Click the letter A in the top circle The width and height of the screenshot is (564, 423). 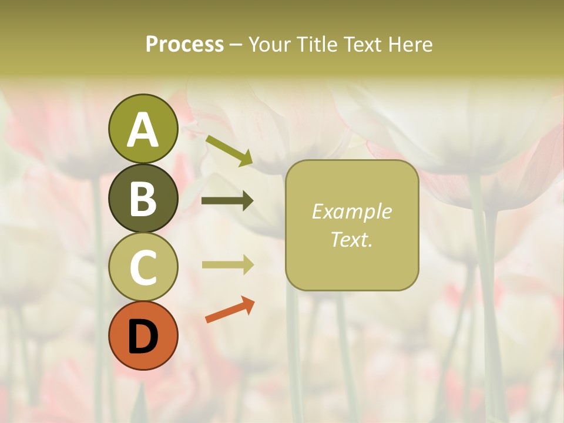(143, 130)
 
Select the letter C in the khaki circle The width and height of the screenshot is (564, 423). (143, 267)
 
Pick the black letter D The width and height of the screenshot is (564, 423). (143, 337)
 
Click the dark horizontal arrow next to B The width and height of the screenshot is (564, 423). (227, 201)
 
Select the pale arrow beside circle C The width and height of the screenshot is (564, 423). (227, 265)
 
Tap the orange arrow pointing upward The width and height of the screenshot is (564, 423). (229, 310)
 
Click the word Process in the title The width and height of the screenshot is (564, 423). (184, 45)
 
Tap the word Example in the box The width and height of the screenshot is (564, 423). (351, 211)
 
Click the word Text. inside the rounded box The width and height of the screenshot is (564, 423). (351, 239)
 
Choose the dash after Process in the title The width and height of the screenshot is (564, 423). (236, 45)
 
